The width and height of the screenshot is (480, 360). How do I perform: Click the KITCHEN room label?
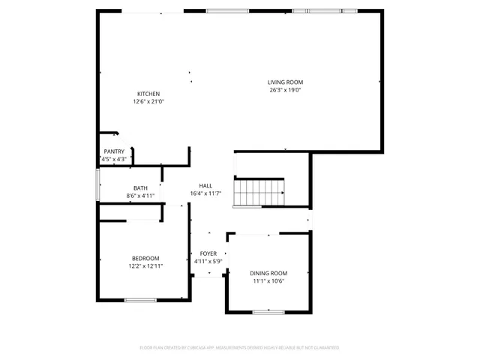click(148, 94)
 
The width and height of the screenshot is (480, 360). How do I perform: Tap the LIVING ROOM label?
click(285, 82)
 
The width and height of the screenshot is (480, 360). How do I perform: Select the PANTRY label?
click(114, 151)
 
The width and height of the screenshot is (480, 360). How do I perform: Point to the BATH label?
click(140, 188)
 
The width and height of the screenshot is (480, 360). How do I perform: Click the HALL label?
click(205, 185)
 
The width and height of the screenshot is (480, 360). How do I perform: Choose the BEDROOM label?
click(146, 259)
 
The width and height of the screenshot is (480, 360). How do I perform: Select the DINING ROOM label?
click(268, 273)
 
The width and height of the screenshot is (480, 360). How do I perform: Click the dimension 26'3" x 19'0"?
click(285, 90)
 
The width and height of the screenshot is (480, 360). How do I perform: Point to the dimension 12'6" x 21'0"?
click(148, 101)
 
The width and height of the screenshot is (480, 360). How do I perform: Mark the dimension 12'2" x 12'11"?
click(146, 266)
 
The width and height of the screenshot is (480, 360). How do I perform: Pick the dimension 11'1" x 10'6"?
click(268, 281)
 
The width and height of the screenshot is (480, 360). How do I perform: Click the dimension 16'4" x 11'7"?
click(205, 193)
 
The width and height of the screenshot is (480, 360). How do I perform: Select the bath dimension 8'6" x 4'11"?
click(140, 196)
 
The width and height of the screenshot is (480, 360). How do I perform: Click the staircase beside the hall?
click(259, 193)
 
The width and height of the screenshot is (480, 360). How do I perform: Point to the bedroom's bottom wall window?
click(139, 300)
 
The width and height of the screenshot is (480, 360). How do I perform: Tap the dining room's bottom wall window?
click(268, 311)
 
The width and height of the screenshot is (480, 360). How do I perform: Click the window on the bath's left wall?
click(97, 185)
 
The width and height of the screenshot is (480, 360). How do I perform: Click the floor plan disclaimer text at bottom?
click(239, 347)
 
